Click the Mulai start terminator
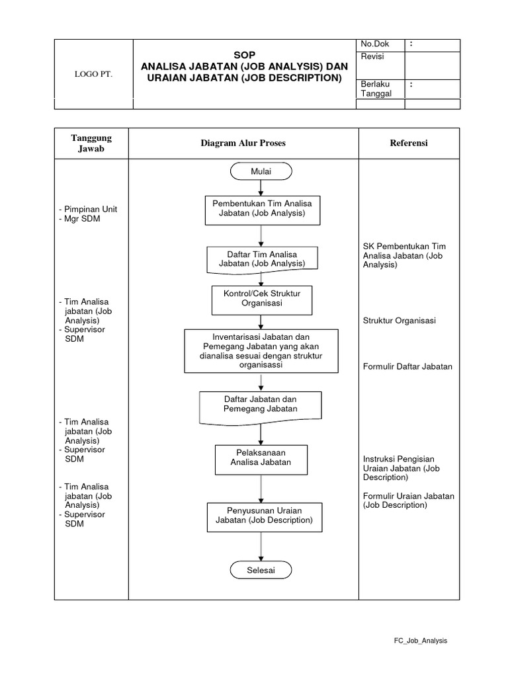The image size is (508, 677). [261, 171]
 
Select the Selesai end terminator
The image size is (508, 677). [261, 569]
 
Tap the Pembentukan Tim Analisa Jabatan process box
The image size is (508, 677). [261, 209]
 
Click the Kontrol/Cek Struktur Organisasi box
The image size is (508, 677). [261, 299]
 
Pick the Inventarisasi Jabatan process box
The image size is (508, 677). [261, 350]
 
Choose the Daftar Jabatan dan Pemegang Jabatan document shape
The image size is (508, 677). [261, 405]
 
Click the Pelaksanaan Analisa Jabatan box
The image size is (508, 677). [261, 458]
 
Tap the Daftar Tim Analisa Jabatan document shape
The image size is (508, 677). [261, 259]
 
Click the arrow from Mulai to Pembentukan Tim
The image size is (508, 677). [261, 188]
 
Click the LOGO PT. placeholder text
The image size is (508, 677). [93, 74]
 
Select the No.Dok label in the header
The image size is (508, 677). [374, 44]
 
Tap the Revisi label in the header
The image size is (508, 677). [372, 57]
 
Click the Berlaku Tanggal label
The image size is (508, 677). [376, 89]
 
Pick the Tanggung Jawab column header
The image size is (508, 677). [91, 143]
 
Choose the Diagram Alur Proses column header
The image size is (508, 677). [243, 143]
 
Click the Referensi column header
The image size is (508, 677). [409, 143]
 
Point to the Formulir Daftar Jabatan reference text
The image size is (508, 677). [407, 366]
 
